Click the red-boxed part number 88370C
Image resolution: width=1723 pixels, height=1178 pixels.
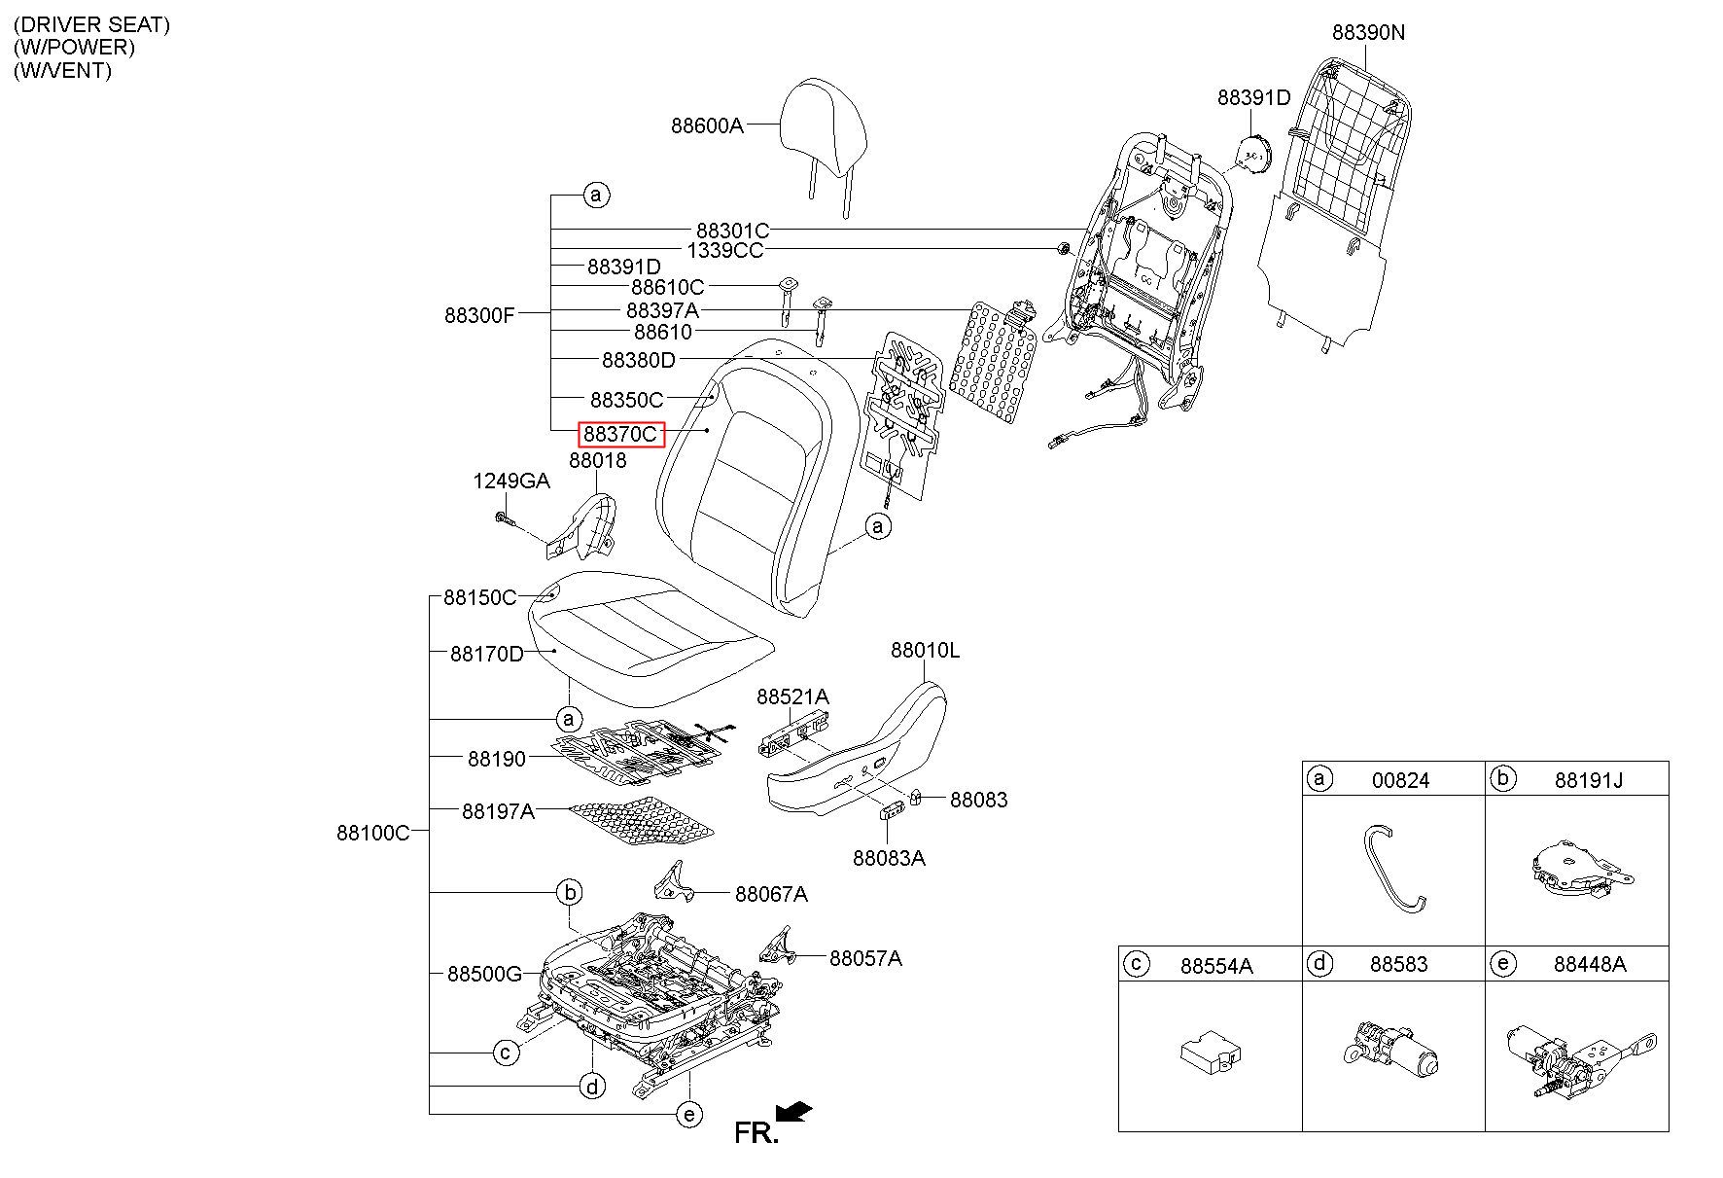[x=620, y=434]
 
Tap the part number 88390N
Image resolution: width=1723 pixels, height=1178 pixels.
[x=1368, y=32]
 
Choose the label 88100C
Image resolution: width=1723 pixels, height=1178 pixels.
[x=373, y=833]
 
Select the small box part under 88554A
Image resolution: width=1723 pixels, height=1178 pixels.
[x=1210, y=1054]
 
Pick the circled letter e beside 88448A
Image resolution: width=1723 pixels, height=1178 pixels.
[x=1502, y=964]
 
